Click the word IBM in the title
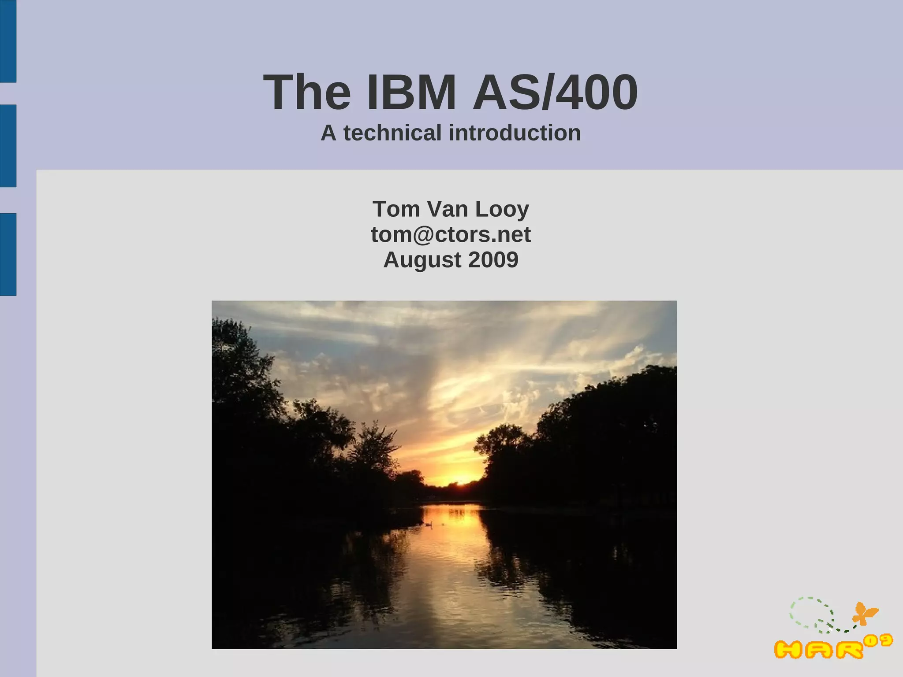411,93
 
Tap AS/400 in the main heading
555,93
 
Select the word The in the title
307,93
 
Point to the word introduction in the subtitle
515,133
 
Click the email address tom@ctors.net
451,234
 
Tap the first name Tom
396,209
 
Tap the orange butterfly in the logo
865,614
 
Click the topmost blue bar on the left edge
8,41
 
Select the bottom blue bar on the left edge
8,254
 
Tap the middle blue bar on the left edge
8,146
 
